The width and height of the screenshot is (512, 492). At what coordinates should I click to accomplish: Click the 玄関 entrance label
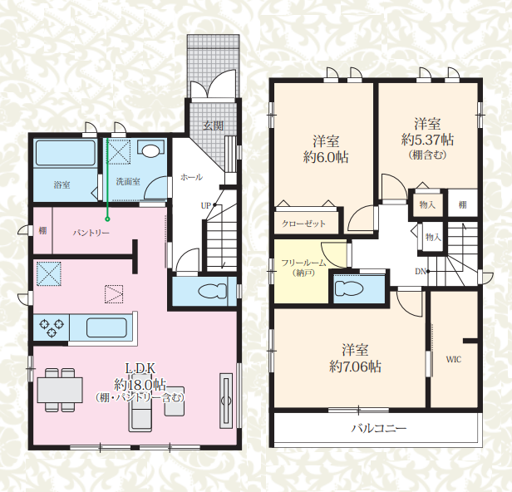pyautogui.click(x=213, y=125)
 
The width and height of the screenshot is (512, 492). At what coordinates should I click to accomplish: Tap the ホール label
pyautogui.click(x=191, y=177)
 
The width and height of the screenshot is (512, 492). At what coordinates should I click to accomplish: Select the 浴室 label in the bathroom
pyautogui.click(x=62, y=185)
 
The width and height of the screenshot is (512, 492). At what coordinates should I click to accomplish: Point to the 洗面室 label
pyautogui.click(x=128, y=181)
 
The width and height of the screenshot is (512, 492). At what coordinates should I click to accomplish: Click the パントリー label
pyautogui.click(x=91, y=233)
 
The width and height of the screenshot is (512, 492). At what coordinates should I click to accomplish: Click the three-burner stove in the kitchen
pyautogui.click(x=52, y=327)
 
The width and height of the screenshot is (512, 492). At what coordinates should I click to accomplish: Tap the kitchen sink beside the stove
pyautogui.click(x=106, y=327)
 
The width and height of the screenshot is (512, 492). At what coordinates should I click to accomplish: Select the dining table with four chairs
pyautogui.click(x=60, y=390)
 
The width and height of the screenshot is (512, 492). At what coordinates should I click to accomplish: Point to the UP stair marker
pyautogui.click(x=206, y=205)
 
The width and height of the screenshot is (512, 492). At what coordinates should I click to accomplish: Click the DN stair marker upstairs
pyautogui.click(x=421, y=271)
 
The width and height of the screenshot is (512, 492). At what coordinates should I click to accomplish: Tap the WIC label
pyautogui.click(x=454, y=360)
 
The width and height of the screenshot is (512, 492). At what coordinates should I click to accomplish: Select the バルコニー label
pyautogui.click(x=379, y=428)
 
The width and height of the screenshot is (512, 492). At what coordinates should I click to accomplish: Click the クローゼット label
pyautogui.click(x=303, y=224)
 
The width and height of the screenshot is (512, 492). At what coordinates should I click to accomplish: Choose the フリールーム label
pyautogui.click(x=303, y=263)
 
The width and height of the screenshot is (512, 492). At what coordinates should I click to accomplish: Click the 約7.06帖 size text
pyautogui.click(x=355, y=367)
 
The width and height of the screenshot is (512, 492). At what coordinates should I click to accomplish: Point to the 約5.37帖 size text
pyautogui.click(x=427, y=140)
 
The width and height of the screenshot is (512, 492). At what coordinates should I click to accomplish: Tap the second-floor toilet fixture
pyautogui.click(x=349, y=288)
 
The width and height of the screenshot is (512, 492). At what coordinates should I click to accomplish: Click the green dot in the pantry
pyautogui.click(x=107, y=219)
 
